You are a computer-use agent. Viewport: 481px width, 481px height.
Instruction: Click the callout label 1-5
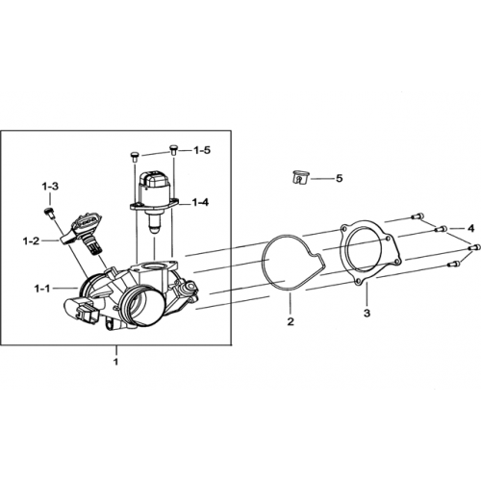tap(202, 150)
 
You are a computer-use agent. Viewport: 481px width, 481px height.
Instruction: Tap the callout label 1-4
tap(200, 202)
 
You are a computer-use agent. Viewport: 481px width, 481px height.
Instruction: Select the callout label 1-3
tap(50, 187)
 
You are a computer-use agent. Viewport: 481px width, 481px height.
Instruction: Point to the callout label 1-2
tap(31, 241)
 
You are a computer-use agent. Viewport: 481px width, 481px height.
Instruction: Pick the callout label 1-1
tap(42, 289)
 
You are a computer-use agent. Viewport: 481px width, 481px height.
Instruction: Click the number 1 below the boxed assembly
tap(115, 362)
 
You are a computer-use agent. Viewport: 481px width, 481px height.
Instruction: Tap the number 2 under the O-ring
tap(291, 321)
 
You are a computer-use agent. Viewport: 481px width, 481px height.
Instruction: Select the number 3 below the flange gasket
tap(367, 313)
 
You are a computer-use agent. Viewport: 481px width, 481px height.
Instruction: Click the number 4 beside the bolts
tap(470, 229)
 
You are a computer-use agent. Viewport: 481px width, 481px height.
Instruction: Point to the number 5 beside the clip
tap(339, 178)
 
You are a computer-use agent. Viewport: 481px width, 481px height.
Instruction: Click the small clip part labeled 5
tap(300, 177)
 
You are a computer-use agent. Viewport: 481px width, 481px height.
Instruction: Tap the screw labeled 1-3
tap(49, 214)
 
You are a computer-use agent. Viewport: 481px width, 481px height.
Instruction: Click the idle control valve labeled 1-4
tap(154, 201)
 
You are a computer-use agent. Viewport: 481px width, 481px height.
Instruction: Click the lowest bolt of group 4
tap(454, 264)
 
